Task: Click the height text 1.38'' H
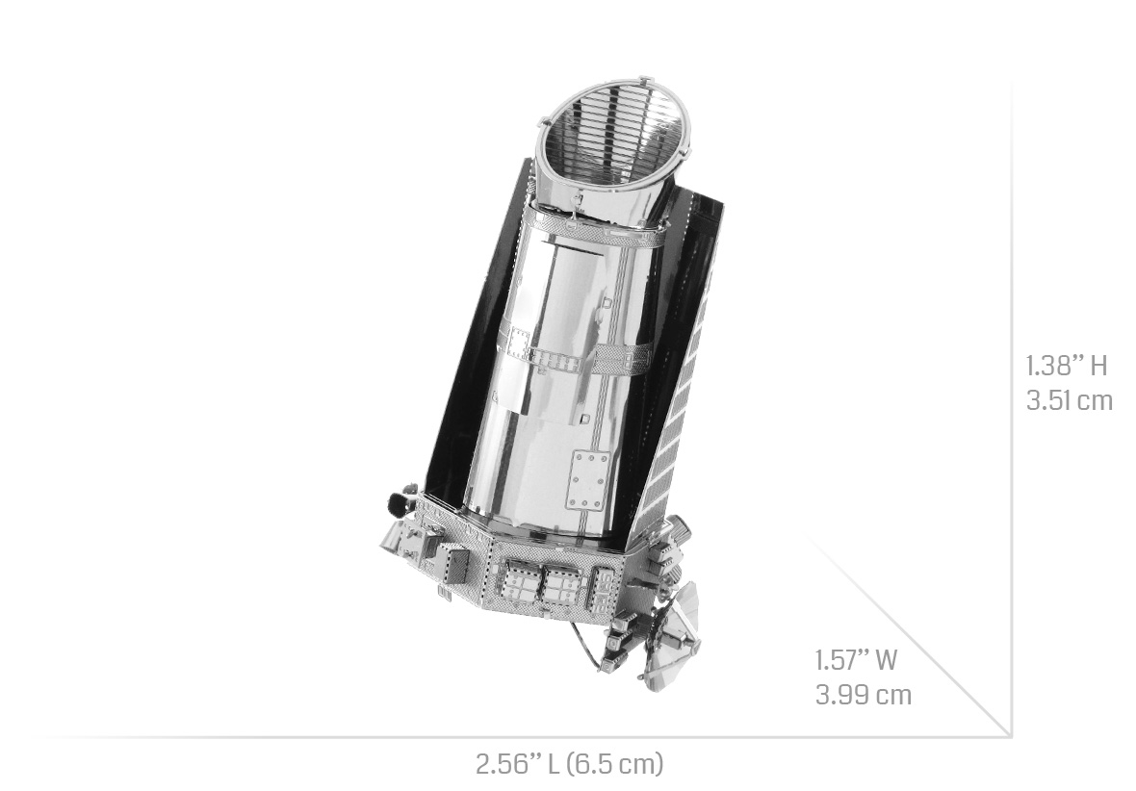pyautogui.click(x=1067, y=366)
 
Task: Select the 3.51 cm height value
pyautogui.click(x=1069, y=400)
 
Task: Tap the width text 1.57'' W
pyautogui.click(x=857, y=660)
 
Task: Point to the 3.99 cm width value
pyautogui.click(x=863, y=695)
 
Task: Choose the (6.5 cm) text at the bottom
pyautogui.click(x=614, y=763)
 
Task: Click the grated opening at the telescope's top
pyautogui.click(x=613, y=136)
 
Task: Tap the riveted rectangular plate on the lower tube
pyautogui.click(x=587, y=480)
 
